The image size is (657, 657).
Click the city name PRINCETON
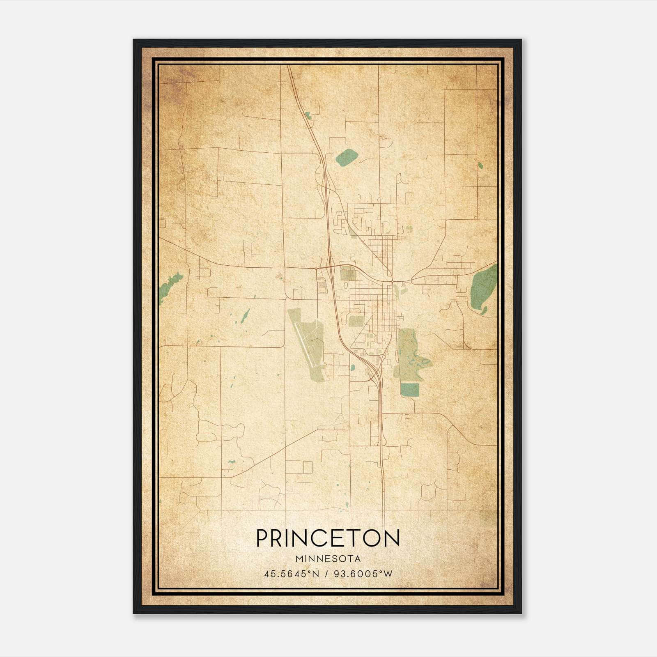point(328,538)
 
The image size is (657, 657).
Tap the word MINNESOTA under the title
point(328,559)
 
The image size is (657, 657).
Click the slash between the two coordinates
point(326,574)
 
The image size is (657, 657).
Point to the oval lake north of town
point(347,156)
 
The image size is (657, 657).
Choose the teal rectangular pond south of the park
point(409,390)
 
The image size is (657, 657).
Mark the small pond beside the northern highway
point(308,115)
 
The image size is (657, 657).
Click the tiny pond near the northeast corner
point(480,165)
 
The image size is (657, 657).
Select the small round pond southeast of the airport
point(352,368)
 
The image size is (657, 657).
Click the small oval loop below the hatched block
point(346,285)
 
